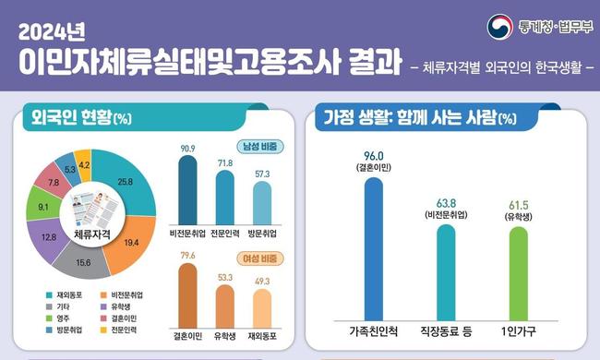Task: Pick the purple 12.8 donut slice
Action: click(x=48, y=238)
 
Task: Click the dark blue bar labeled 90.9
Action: click(x=187, y=190)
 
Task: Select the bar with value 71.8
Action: click(x=225, y=198)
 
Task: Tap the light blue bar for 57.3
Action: click(x=262, y=203)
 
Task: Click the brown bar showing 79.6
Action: click(x=187, y=295)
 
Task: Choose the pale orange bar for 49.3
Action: click(x=262, y=308)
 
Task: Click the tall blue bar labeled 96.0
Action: click(x=374, y=249)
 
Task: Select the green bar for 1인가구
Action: click(x=518, y=273)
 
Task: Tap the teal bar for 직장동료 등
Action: click(x=446, y=272)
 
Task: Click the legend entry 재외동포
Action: click(x=64, y=295)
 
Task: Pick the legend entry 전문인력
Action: click(x=118, y=330)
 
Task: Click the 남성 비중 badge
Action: click(x=260, y=147)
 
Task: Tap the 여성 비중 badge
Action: click(x=260, y=258)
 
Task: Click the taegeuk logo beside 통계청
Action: click(x=499, y=27)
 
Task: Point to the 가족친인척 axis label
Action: click(x=374, y=331)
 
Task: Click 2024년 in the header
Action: click(x=52, y=32)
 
